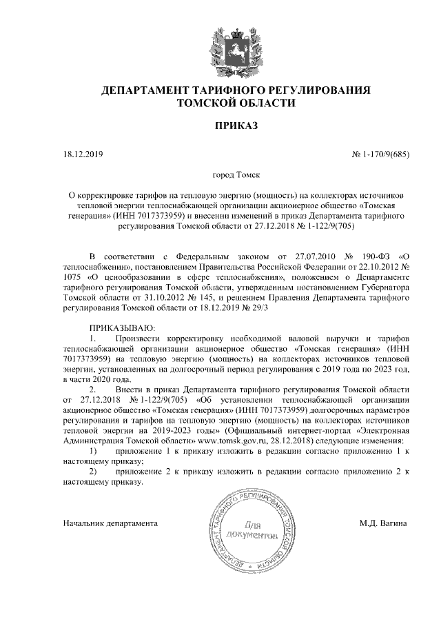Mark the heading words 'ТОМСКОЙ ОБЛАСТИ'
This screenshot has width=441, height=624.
[x=236, y=103]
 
